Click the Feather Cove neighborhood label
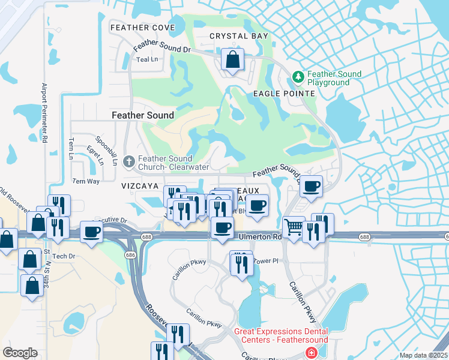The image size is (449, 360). pos(143,28)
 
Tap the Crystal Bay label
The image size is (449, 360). pos(238,36)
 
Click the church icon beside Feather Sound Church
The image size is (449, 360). pos(128,161)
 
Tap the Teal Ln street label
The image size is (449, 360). pos(147,59)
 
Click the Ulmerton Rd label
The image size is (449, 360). pos(260,237)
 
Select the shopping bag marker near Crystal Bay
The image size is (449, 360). pos(232,59)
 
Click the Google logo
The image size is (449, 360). pos(20,353)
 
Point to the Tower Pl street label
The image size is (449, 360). pos(267,261)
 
